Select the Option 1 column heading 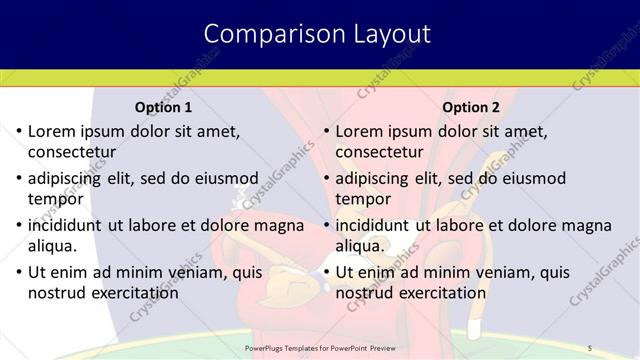point(163,107)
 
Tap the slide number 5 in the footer point(590,347)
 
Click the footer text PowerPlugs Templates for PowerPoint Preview point(319,347)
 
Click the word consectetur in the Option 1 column point(72,153)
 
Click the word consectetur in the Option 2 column point(380,153)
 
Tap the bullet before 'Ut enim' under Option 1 point(17,272)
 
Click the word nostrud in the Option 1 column point(59,293)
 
